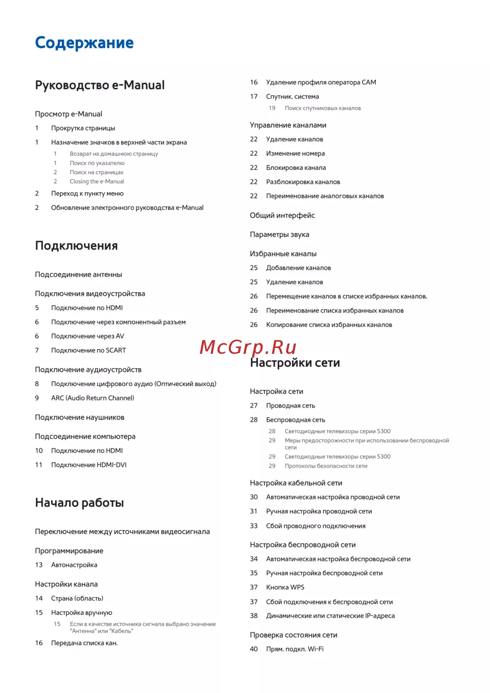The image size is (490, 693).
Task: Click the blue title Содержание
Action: [x=84, y=43]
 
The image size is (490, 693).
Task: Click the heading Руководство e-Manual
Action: [x=99, y=85]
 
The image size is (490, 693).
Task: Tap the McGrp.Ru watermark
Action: [x=248, y=347]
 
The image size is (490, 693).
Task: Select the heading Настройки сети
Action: [x=294, y=363]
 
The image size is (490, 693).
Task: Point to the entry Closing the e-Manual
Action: [x=97, y=181]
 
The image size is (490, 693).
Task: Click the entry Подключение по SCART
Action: [x=88, y=350]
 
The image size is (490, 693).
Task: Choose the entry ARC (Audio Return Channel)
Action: [x=93, y=398]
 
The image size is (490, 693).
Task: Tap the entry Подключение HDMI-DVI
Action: [x=89, y=465]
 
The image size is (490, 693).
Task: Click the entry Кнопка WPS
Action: [x=285, y=587]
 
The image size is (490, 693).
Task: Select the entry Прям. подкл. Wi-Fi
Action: [x=294, y=649]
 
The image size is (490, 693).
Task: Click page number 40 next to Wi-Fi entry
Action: [x=254, y=649]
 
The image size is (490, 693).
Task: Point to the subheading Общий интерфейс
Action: [x=282, y=215]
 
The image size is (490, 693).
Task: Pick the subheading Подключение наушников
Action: [x=79, y=418]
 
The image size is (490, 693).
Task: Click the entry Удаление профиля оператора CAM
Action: [x=321, y=82]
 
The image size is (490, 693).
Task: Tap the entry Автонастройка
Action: [x=74, y=565]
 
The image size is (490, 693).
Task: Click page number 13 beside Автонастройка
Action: [x=39, y=565]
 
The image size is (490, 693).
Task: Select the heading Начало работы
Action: [x=79, y=503]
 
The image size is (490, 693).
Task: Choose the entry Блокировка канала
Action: [x=295, y=168]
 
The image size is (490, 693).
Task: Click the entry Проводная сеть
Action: [x=290, y=406]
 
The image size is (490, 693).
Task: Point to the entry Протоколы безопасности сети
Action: [x=326, y=466]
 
